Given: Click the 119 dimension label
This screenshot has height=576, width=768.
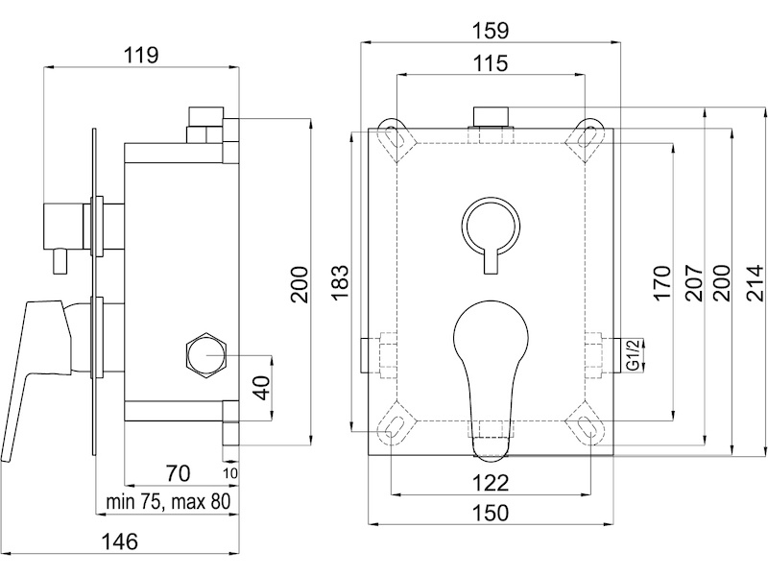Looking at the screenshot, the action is tap(140, 55).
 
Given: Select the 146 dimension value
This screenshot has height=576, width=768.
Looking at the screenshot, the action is tap(119, 541).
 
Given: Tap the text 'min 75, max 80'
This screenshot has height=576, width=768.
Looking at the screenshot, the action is tap(168, 501).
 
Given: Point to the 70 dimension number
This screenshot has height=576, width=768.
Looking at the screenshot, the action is tap(178, 473).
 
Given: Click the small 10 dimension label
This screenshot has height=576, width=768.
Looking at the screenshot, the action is tap(230, 473).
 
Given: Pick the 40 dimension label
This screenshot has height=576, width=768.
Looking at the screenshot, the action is tap(262, 388).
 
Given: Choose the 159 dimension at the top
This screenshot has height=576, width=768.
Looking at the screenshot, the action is tap(491, 31).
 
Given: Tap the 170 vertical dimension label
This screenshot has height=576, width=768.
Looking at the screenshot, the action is tap(660, 282).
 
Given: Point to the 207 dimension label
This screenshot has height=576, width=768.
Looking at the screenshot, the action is tap(693, 282).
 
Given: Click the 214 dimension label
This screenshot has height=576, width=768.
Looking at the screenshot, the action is tap(755, 282).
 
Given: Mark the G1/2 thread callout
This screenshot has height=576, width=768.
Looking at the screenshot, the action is tap(634, 355).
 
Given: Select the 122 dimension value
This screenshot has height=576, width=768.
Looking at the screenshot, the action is tap(491, 483).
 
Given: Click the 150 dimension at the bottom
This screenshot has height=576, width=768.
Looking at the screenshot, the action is tap(491, 513).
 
